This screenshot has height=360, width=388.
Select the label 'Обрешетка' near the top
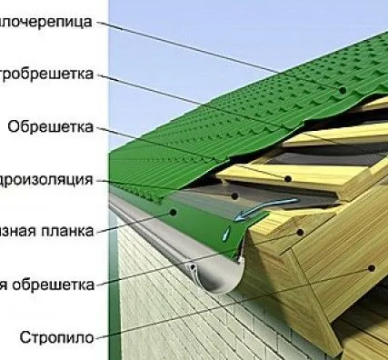click(49, 126)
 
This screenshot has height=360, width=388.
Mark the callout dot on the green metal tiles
click(343, 91)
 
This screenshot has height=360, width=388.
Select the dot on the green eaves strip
click(173, 213)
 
